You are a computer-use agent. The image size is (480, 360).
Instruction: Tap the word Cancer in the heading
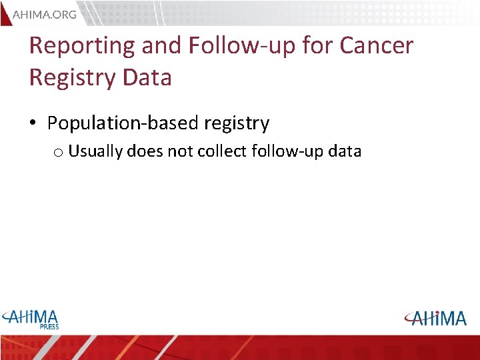[x=377, y=46]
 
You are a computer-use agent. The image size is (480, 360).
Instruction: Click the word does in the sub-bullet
[x=145, y=151]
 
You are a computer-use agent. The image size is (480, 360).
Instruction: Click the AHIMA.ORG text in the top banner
[x=45, y=14]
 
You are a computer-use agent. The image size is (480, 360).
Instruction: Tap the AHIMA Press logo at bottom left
[x=31, y=318]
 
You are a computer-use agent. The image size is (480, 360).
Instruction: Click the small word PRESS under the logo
[x=49, y=327]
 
